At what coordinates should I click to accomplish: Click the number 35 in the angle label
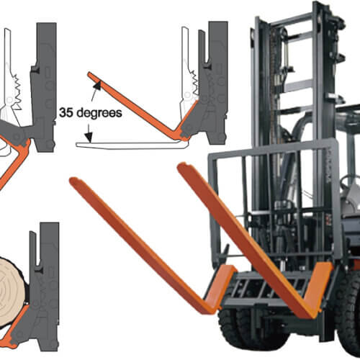coord(66,112)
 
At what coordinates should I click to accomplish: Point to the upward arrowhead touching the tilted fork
coord(97,86)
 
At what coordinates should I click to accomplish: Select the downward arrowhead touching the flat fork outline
coord(89,138)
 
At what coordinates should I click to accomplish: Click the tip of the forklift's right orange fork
coord(181,165)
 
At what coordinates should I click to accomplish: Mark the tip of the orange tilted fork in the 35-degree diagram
coord(89,73)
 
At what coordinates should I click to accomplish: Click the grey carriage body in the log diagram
coord(45,288)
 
